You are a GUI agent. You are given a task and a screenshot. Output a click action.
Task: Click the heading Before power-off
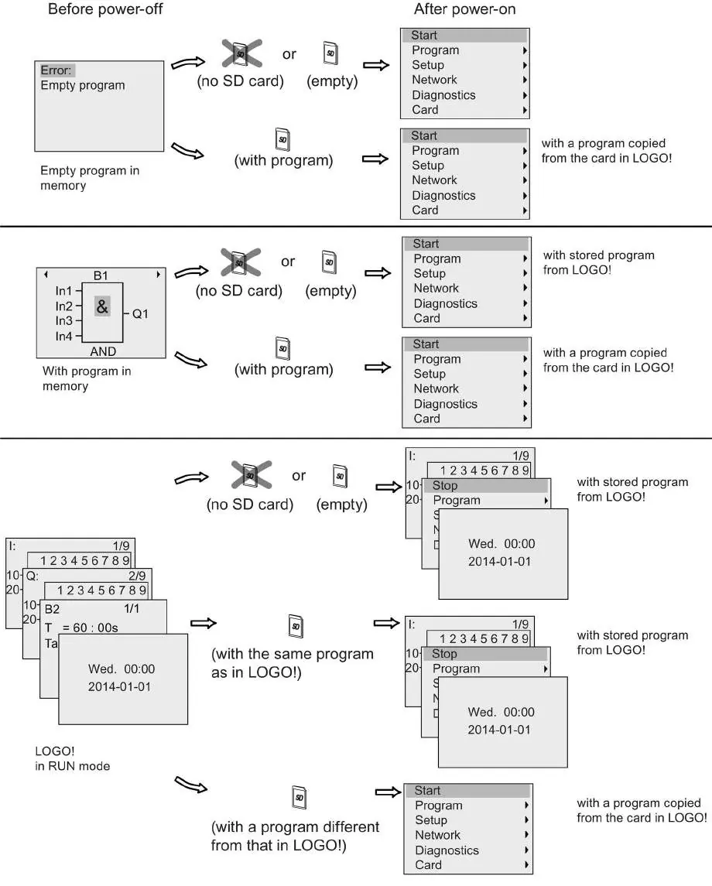click(x=105, y=9)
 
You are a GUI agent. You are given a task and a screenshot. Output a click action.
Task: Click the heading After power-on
click(x=464, y=9)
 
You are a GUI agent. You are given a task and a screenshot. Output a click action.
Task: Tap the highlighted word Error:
click(x=56, y=70)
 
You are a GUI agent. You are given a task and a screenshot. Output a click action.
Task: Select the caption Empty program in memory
click(x=89, y=178)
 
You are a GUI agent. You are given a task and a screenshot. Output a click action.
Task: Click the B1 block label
click(x=101, y=275)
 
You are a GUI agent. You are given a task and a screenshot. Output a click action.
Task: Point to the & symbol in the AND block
click(x=102, y=307)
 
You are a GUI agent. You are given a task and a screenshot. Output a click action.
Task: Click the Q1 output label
click(x=140, y=313)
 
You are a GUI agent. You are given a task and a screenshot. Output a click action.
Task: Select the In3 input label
click(x=64, y=321)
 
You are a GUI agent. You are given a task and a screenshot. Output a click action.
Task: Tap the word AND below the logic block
click(x=103, y=351)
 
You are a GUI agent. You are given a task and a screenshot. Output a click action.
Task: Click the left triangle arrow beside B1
click(x=46, y=275)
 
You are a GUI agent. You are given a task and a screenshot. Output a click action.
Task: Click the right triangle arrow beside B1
click(x=158, y=275)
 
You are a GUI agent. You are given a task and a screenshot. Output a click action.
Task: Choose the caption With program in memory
click(x=87, y=378)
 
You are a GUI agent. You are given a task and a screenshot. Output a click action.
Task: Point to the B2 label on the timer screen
click(x=52, y=609)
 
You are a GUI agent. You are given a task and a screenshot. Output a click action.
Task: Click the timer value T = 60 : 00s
click(x=81, y=628)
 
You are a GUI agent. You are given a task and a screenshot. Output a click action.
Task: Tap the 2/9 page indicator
click(x=137, y=576)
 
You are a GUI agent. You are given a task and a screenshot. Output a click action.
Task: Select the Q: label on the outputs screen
click(x=33, y=576)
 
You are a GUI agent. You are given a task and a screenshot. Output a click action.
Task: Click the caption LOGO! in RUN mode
click(x=72, y=758)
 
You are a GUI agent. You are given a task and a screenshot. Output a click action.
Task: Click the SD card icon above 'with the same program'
click(x=296, y=626)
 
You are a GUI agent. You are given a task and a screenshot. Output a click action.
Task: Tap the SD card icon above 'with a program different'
click(x=299, y=797)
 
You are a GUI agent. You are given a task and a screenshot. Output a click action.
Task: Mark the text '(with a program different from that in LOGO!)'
click(x=295, y=836)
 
